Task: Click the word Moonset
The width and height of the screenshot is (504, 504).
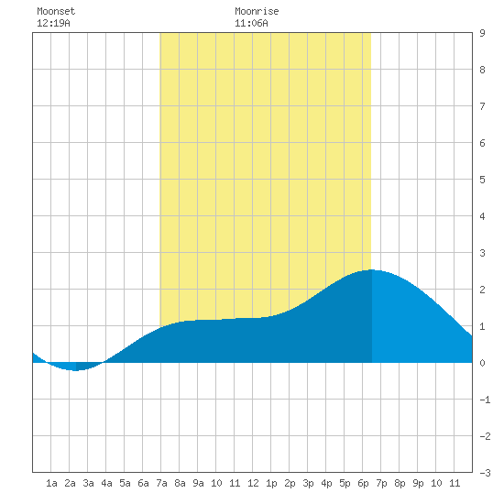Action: pyautogui.click(x=56, y=11)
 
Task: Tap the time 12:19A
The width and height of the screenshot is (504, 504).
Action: pyautogui.click(x=53, y=23)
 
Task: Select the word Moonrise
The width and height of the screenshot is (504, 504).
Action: pyautogui.click(x=257, y=11)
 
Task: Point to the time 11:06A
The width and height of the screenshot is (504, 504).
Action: pyautogui.click(x=251, y=23)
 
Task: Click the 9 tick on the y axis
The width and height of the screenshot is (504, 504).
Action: pyautogui.click(x=482, y=33)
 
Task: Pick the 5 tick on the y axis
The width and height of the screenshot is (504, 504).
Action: pyautogui.click(x=482, y=180)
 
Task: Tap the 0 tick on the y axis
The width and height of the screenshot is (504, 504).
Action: pyautogui.click(x=482, y=363)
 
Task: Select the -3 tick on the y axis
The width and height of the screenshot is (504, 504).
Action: pyautogui.click(x=485, y=473)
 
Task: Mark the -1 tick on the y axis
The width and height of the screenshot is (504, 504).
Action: pyautogui.click(x=485, y=400)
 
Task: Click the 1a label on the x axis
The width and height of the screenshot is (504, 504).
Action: pyautogui.click(x=51, y=483)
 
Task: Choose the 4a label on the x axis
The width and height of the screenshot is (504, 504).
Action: pyautogui.click(x=106, y=483)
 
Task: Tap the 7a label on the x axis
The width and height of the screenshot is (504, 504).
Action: pyautogui.click(x=161, y=483)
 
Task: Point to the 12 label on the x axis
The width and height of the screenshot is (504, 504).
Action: pyautogui.click(x=253, y=483)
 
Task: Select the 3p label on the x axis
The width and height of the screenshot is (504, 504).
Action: pyautogui.click(x=308, y=483)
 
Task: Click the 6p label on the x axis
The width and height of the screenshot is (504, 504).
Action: pyautogui.click(x=363, y=483)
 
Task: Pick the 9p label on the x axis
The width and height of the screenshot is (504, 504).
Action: pyautogui.click(x=418, y=483)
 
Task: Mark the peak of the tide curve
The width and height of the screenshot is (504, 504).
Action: pyautogui.click(x=371, y=270)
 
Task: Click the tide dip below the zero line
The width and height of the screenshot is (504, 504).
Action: pyautogui.click(x=75, y=370)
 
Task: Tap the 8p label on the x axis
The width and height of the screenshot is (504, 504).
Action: pyautogui.click(x=400, y=483)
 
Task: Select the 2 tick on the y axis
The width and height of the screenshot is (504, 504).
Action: pyautogui.click(x=482, y=290)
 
